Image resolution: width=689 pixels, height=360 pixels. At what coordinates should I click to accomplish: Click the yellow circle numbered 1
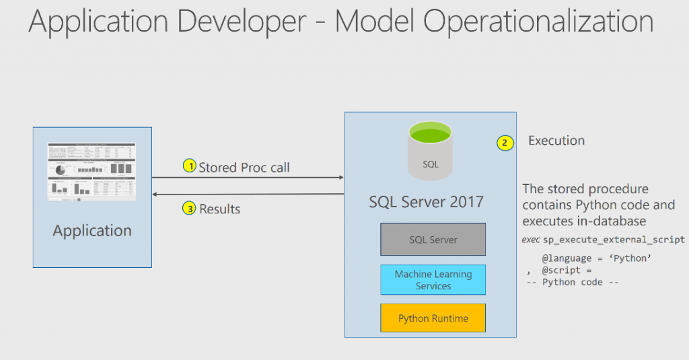(x=190, y=166)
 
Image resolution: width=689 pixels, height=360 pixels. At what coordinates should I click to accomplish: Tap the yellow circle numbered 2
(x=505, y=142)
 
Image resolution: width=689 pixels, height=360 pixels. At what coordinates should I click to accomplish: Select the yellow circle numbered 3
(x=190, y=209)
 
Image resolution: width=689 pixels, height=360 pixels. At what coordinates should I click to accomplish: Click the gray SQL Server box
(x=433, y=240)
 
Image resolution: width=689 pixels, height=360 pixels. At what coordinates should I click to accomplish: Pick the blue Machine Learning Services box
(x=433, y=280)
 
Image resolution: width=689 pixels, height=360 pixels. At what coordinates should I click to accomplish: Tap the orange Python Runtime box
(x=433, y=318)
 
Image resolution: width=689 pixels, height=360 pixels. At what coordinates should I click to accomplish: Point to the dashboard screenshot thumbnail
(x=92, y=172)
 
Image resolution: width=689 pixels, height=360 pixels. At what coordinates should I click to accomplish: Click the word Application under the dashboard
(x=92, y=231)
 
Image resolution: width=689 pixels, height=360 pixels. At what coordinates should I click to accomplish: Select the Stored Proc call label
(x=244, y=167)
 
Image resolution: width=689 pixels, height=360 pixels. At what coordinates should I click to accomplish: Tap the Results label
(x=219, y=209)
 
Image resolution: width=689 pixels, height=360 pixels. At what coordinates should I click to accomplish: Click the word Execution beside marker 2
(x=556, y=141)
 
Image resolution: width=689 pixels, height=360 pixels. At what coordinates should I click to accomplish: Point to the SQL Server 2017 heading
(x=426, y=201)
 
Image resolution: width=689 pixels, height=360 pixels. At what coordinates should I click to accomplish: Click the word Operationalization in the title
(x=494, y=22)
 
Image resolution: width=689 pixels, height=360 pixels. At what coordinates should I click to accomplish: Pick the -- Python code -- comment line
(x=572, y=282)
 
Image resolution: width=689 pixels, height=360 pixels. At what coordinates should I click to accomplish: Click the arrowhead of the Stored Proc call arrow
(x=341, y=178)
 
